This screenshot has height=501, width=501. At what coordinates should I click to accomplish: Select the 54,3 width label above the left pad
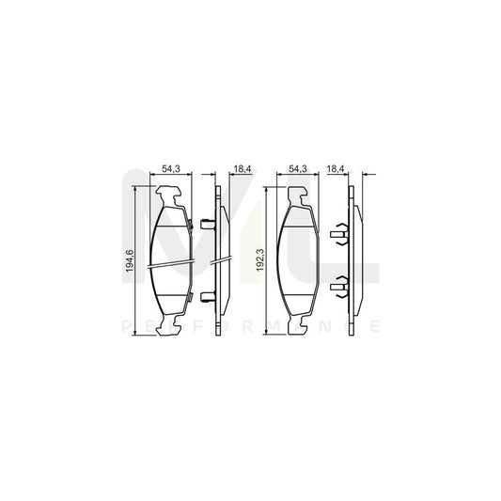[x=170, y=169]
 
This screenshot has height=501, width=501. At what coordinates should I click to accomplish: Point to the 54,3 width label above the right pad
[x=299, y=169]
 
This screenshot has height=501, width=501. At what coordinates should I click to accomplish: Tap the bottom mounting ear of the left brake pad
[x=170, y=323]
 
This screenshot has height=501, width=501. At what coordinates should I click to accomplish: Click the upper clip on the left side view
[x=207, y=224]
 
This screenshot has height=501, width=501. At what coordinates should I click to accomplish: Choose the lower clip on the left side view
[x=207, y=298]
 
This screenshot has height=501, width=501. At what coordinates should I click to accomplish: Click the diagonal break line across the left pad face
[x=170, y=263]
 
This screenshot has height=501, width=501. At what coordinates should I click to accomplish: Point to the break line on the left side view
[x=220, y=260]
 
